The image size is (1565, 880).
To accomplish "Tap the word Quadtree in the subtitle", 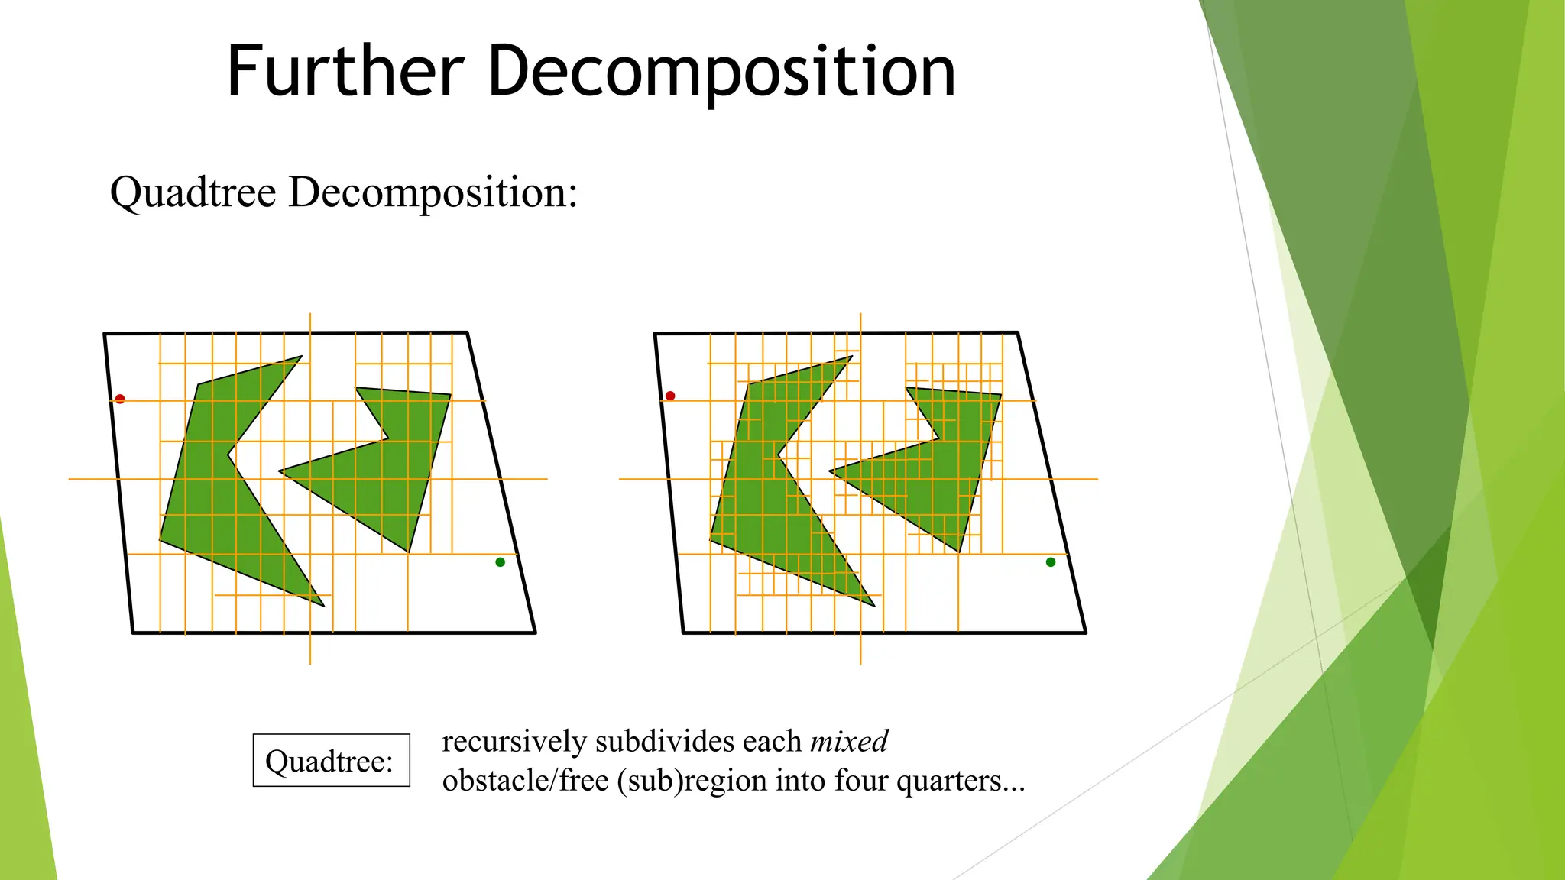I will pos(193,192).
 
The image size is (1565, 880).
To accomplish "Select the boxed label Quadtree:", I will pos(331,761).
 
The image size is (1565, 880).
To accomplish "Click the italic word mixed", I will pos(849,741).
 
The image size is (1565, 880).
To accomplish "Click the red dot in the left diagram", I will pos(120,399).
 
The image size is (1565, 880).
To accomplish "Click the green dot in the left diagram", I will pos(501,562).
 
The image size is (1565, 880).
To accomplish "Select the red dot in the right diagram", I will pos(670,396).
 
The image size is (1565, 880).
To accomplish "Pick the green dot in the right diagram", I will pos(1051,562).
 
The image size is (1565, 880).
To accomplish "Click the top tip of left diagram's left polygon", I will pos(301,357).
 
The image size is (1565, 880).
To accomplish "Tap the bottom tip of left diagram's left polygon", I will pos(323,606).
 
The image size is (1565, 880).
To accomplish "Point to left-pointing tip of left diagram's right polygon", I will pos(280,471).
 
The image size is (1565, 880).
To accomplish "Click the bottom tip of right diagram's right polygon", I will pos(958,551).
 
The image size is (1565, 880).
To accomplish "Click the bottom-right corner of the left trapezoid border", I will pos(535,632).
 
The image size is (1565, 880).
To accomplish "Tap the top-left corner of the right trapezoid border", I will pos(656,334).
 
